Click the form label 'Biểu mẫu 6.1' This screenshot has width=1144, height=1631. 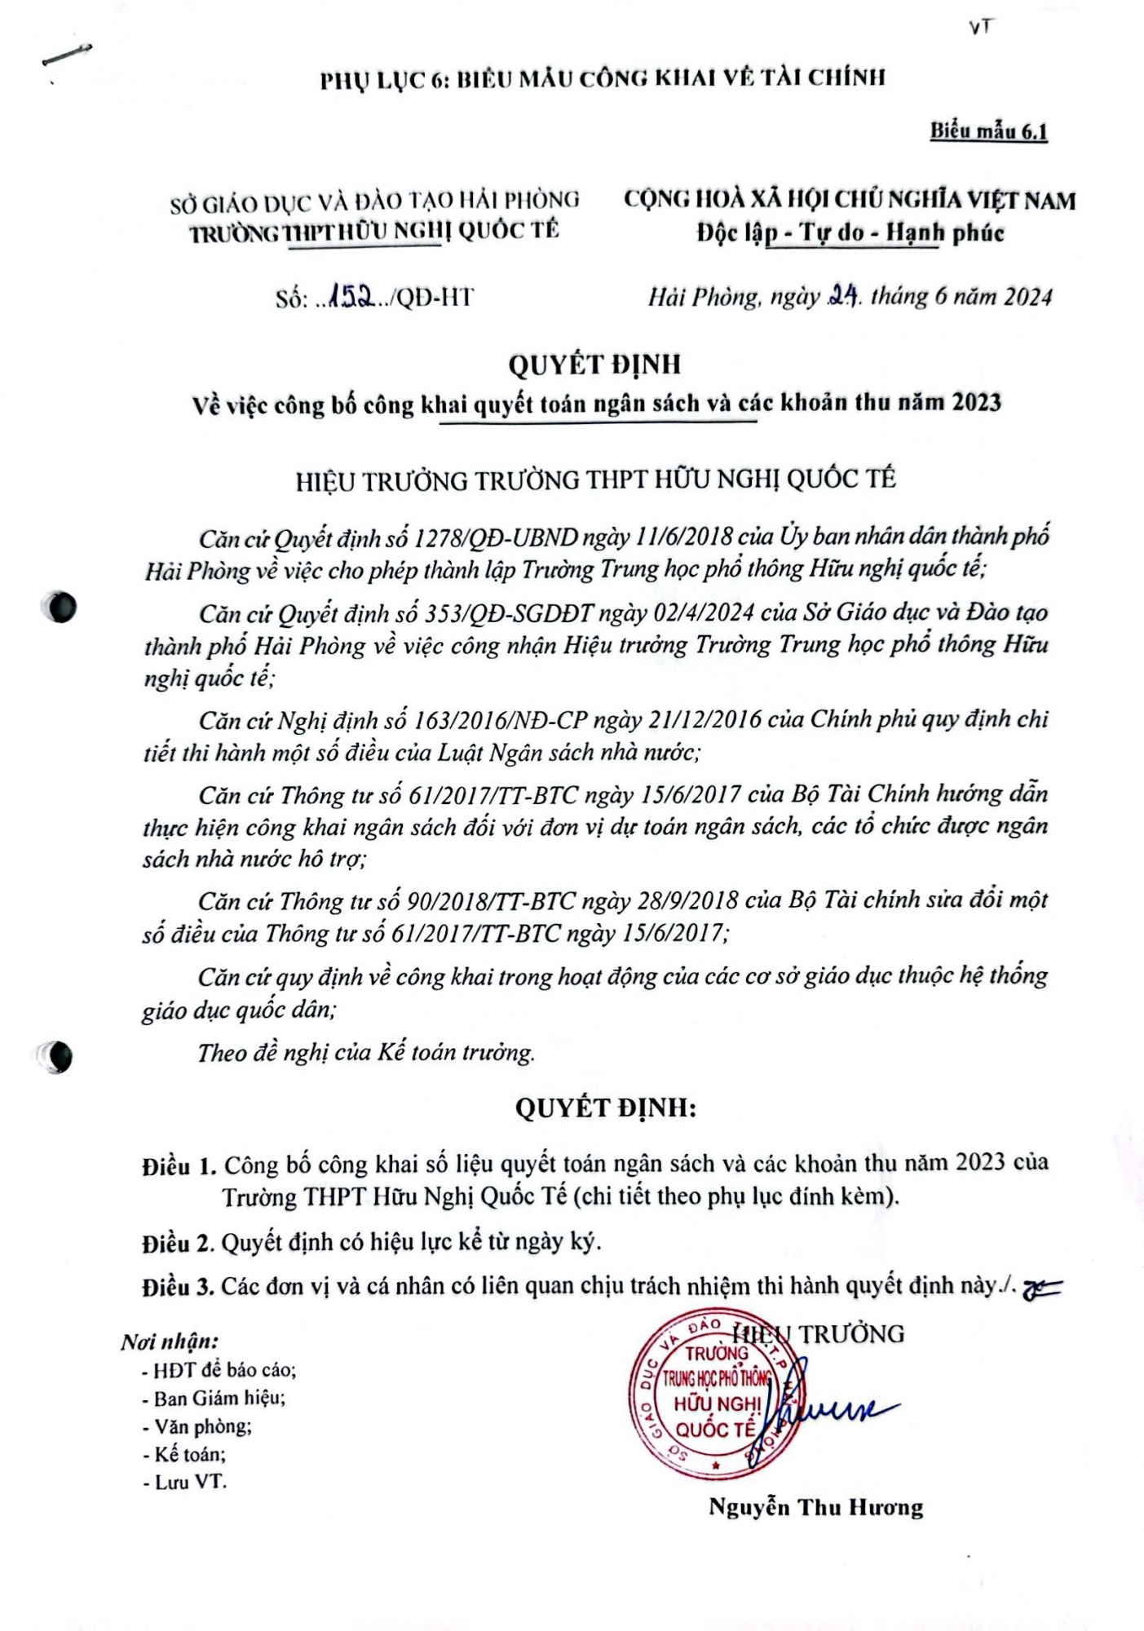point(988,131)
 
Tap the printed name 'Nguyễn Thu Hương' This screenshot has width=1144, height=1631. point(815,1507)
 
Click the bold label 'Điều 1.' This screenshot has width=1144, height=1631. point(179,1165)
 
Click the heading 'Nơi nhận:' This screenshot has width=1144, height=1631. point(169,1341)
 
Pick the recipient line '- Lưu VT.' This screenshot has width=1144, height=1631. point(184,1482)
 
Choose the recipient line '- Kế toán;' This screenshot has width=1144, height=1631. point(184,1453)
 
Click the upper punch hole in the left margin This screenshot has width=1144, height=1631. point(60,608)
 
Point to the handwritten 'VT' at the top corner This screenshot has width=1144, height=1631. point(982,27)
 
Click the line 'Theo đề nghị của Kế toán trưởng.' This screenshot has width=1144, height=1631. point(366,1053)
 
